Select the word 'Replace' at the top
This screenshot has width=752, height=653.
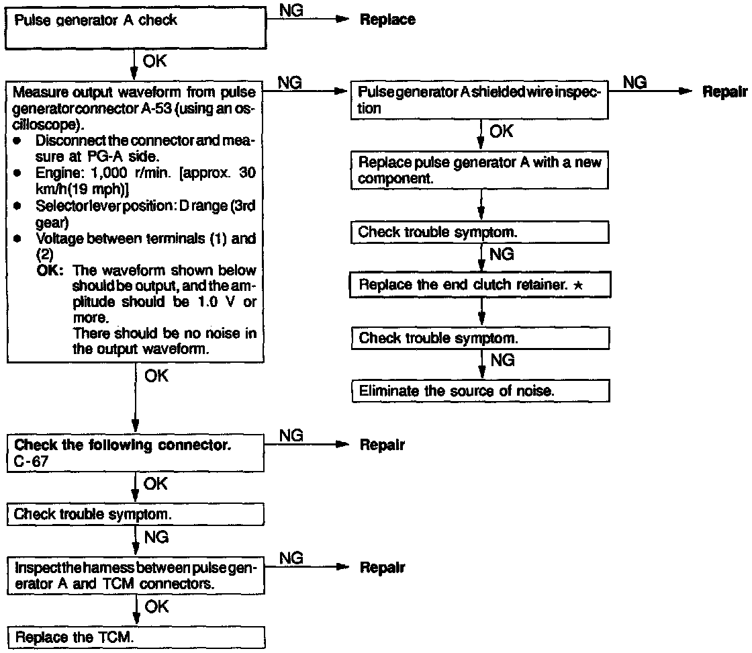387,20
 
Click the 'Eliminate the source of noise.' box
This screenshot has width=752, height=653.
481,390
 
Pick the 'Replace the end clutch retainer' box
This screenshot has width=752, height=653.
481,285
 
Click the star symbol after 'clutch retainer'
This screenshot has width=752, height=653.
577,285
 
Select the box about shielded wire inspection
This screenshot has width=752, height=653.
481,100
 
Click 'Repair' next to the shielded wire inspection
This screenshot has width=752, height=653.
725,92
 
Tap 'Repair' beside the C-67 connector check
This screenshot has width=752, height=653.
382,445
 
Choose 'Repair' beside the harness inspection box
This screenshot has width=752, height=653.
382,568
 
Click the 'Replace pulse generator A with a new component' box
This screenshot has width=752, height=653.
481,171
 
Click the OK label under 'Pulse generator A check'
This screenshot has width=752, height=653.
155,62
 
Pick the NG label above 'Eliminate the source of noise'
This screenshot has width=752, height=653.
502,361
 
